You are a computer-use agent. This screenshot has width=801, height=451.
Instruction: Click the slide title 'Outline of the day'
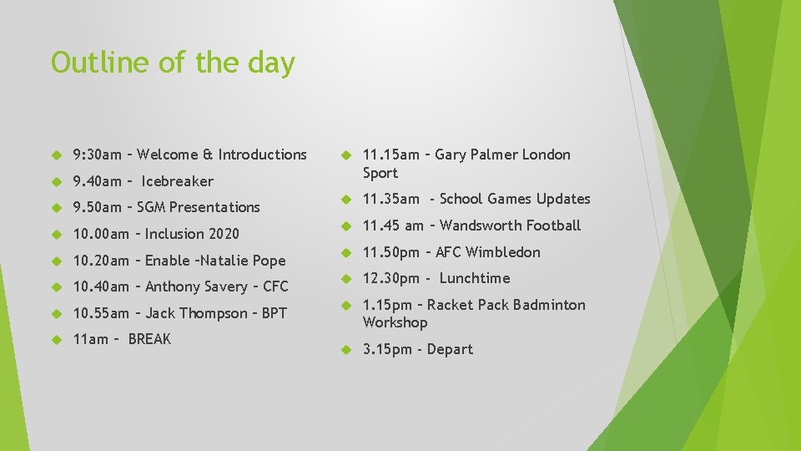tap(173, 63)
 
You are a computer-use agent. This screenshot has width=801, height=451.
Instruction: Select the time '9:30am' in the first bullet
tap(97, 155)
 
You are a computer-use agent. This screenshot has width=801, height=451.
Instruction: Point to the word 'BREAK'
tap(149, 339)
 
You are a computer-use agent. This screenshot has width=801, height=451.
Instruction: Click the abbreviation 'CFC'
tap(275, 286)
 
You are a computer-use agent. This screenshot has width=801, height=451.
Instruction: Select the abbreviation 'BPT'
tap(274, 313)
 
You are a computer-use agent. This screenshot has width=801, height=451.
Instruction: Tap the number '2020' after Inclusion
tap(223, 234)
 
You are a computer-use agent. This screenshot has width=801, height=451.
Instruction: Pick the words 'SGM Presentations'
tap(199, 207)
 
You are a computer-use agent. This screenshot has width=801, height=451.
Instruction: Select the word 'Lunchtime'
tap(474, 278)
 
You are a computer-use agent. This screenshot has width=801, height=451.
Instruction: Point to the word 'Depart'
tap(450, 349)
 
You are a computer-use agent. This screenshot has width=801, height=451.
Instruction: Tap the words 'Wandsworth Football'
tap(510, 225)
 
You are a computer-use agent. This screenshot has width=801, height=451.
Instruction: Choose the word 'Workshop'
tap(395, 322)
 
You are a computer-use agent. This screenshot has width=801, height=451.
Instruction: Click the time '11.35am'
tap(390, 199)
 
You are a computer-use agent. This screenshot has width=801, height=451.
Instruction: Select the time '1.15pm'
tap(387, 305)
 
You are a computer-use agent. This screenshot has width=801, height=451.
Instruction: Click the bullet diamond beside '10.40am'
tap(58, 287)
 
